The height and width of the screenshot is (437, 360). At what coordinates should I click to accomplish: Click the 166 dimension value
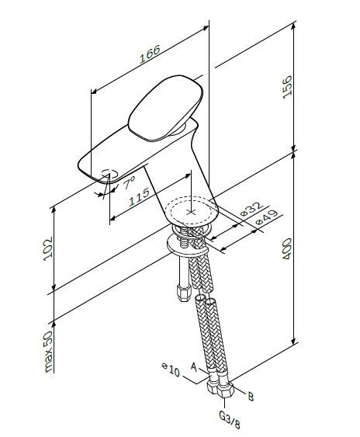tap(151, 54)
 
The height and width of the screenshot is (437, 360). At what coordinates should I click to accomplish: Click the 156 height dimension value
tap(287, 87)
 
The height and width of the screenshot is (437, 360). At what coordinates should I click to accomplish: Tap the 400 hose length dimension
tap(287, 249)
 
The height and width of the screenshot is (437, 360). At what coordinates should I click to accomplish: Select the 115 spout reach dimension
tap(140, 196)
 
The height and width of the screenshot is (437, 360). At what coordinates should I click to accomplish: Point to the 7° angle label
tap(129, 182)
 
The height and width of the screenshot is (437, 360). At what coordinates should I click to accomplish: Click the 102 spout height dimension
tap(48, 248)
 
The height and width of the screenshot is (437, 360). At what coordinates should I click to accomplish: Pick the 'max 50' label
tap(48, 352)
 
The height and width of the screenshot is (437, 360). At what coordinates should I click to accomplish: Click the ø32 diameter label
tap(251, 210)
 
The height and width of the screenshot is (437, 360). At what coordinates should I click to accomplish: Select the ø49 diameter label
tap(267, 217)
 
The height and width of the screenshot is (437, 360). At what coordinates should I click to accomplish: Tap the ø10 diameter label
tap(171, 369)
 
